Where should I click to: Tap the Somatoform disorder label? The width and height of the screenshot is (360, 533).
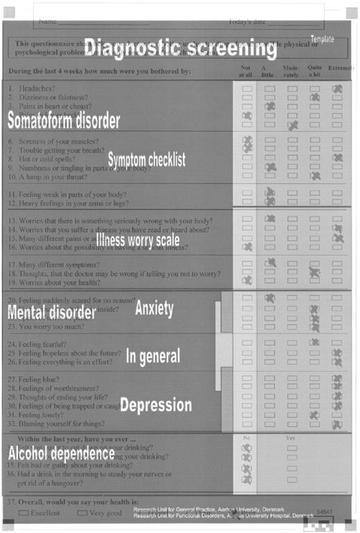[x=64, y=120]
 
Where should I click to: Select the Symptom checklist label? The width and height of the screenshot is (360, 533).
[x=146, y=160]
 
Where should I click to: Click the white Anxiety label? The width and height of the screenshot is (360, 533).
[x=154, y=308]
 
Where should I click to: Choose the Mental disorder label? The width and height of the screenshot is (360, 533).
[x=51, y=312]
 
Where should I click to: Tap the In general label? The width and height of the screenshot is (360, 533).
[x=153, y=356]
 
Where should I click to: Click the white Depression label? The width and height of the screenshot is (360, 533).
[x=155, y=405]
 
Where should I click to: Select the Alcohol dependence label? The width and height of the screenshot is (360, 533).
[x=61, y=453]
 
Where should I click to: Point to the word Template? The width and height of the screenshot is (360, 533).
[x=322, y=39]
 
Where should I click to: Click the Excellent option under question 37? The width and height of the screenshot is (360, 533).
[x=42, y=513]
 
